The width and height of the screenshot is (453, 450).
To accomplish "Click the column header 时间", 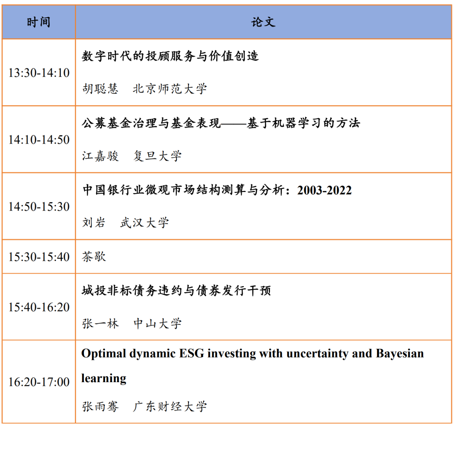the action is tap(39, 22).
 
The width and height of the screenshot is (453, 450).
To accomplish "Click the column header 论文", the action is tap(263, 22).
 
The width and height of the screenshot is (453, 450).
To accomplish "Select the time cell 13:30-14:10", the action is tap(39, 73).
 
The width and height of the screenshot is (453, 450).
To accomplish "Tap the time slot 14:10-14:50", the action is tap(39, 140).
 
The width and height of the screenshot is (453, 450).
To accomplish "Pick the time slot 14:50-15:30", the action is tap(39, 207).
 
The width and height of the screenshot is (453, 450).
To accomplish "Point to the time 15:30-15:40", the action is tap(39, 257).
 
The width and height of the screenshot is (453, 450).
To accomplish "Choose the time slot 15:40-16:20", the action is tap(39, 307).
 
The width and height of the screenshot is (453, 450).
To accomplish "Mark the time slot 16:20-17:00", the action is tap(39, 382).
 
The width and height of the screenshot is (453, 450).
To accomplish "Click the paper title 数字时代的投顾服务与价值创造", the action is tap(170, 56).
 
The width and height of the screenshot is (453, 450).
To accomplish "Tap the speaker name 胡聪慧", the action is tap(100, 89).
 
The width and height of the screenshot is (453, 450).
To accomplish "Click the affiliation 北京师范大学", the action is tap(170, 89).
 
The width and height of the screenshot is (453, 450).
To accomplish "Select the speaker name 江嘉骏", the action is tap(100, 156).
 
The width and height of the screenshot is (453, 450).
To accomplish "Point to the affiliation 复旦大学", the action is tap(157, 156).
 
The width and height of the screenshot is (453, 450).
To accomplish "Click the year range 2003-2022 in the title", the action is tap(325, 190).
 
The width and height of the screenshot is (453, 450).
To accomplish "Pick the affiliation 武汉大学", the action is tap(144, 223).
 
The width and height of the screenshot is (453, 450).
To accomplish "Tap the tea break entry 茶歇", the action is tap(94, 256).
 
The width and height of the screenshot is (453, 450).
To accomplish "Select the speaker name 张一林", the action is tap(100, 323).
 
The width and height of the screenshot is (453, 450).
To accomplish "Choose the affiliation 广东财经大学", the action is tap(170, 406).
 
